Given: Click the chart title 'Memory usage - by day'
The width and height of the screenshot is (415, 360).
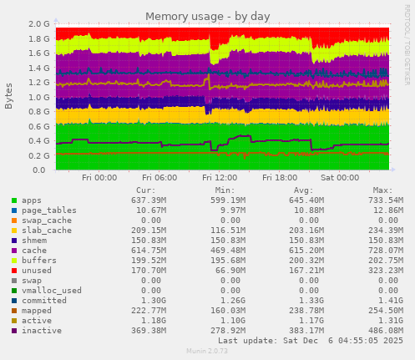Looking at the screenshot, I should [207, 16].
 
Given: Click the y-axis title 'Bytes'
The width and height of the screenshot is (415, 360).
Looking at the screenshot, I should [9, 96].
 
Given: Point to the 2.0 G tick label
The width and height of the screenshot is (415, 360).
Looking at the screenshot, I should [38, 24].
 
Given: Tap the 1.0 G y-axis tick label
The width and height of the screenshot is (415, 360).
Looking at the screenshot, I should [38, 97].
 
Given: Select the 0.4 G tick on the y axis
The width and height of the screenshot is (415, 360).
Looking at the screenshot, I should [38, 140].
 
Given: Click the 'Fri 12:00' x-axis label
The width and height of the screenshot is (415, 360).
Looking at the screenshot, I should [219, 178].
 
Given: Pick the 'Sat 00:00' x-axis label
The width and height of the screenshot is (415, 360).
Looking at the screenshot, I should [339, 178].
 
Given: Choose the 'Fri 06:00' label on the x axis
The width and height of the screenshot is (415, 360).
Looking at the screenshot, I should [159, 178].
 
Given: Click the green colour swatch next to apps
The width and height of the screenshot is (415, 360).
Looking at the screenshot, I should [14, 201].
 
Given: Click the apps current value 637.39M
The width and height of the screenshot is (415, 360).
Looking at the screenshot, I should [149, 201].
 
